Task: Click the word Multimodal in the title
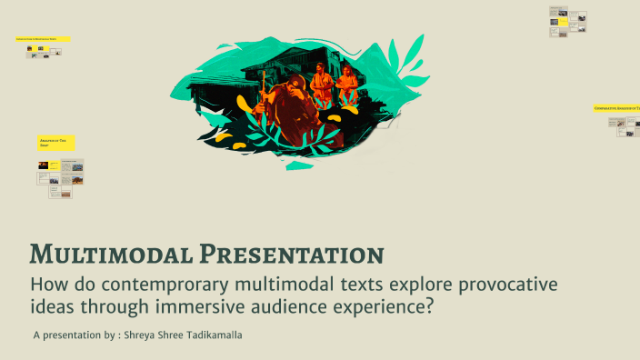112,254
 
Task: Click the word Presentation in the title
291,254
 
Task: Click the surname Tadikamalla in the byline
219,335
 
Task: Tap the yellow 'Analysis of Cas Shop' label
56,143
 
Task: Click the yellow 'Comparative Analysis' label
615,108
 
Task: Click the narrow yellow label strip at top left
42,39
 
